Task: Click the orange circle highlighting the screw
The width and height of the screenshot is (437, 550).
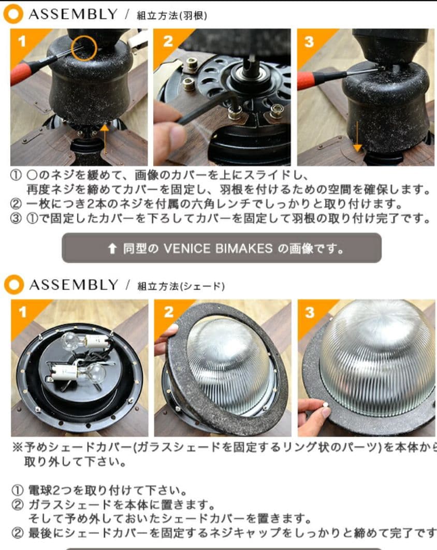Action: tap(84, 47)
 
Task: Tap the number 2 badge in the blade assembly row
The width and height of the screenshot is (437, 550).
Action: tap(168, 41)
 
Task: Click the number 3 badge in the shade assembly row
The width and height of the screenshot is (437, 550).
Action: tap(309, 312)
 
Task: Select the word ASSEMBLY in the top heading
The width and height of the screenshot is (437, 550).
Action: tap(73, 15)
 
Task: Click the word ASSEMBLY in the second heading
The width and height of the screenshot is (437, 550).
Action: tap(73, 285)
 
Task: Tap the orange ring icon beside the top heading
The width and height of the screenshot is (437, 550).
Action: tap(13, 15)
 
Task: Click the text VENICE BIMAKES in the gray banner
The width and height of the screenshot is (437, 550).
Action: tap(217, 248)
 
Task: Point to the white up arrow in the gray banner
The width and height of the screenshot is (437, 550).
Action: tap(112, 249)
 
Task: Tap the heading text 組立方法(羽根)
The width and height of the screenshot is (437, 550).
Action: tap(172, 16)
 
